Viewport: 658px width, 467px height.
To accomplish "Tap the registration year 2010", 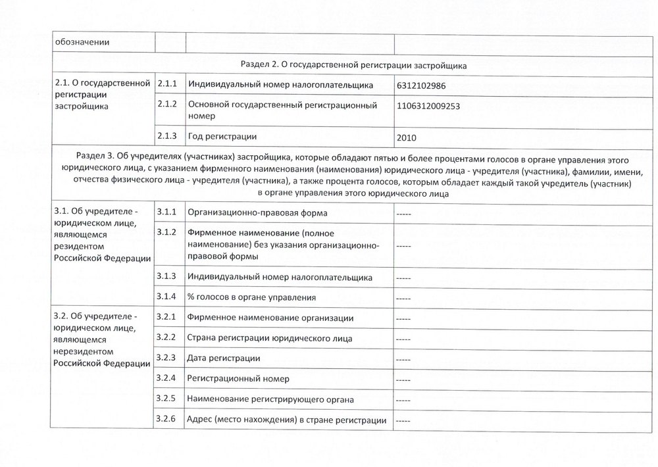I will [x=407, y=138].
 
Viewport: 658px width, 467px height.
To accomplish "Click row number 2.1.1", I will [x=168, y=85].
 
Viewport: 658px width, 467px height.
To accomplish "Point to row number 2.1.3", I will [x=168, y=136].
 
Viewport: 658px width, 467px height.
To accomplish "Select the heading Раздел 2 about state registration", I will [x=354, y=65].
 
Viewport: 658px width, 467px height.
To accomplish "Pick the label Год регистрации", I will [x=222, y=136].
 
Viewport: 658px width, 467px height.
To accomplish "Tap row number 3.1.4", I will [x=168, y=297].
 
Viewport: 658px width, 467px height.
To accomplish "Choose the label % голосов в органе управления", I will [x=251, y=297].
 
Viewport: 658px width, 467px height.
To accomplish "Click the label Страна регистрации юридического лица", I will [x=270, y=339].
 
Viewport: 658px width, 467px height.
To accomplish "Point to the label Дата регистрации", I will [x=224, y=358].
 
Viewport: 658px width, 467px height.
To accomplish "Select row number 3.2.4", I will [x=168, y=378].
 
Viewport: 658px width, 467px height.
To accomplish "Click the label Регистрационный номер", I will [x=238, y=379].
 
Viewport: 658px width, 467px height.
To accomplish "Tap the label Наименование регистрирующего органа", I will [x=271, y=399].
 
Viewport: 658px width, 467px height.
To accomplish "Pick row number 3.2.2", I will [x=168, y=338].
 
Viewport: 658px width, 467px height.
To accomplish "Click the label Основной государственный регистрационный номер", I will [x=282, y=110].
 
